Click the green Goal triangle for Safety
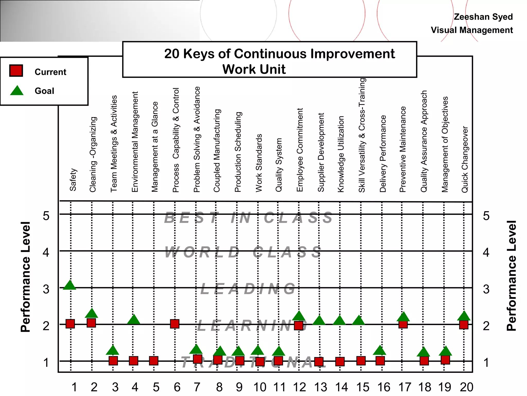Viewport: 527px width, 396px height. (x=69, y=285)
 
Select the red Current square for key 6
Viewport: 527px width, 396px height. (x=175, y=324)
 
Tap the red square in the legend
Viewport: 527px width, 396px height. (x=16, y=71)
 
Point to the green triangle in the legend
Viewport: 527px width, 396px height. (x=17, y=91)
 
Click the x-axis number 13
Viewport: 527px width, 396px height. (x=321, y=387)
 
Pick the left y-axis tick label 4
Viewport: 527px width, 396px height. (x=46, y=252)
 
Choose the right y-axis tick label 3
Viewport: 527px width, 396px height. (x=486, y=289)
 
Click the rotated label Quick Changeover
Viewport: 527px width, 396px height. (x=465, y=159)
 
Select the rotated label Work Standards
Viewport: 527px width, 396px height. (x=259, y=163)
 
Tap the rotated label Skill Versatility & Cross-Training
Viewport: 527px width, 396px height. (x=362, y=135)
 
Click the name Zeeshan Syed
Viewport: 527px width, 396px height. (x=483, y=17)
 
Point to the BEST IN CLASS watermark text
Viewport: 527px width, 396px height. (x=248, y=218)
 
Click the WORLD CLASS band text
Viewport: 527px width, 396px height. (x=243, y=252)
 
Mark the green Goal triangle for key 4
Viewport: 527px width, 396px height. (x=134, y=320)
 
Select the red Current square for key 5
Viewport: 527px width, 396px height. (x=154, y=361)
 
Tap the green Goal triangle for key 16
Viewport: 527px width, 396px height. (x=380, y=350)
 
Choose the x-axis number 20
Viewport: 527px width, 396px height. (x=467, y=387)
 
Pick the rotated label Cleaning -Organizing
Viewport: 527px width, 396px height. (x=93, y=154)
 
